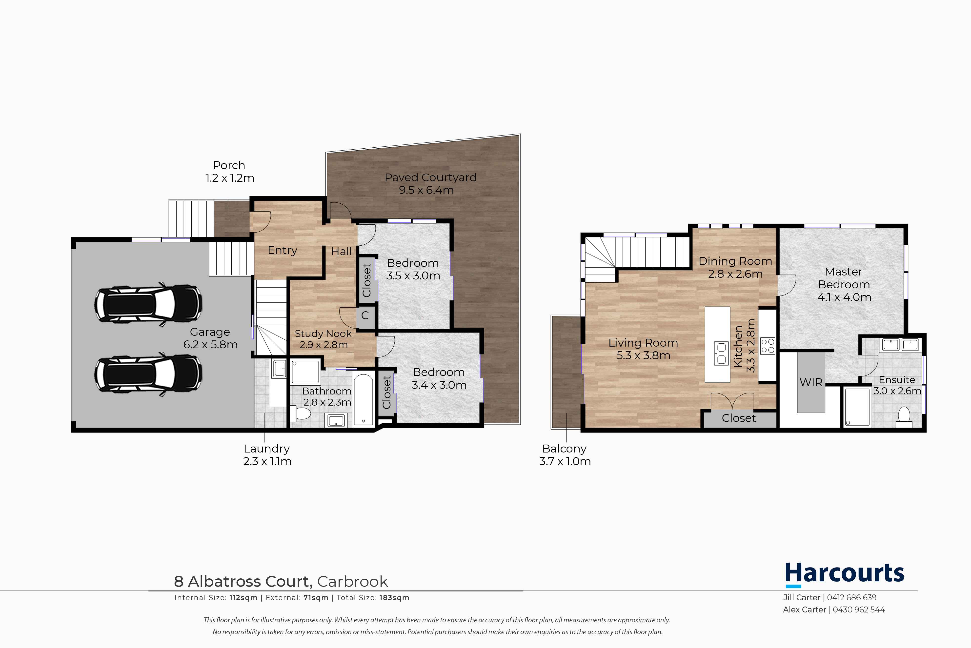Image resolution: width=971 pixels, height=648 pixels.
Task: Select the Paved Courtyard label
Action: (430, 177)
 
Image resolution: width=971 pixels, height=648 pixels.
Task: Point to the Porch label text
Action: (229, 165)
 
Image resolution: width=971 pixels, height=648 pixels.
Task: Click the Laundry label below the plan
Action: (267, 449)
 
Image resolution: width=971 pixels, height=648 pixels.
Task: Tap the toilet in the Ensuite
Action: (904, 417)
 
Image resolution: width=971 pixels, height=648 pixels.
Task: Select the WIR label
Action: (811, 382)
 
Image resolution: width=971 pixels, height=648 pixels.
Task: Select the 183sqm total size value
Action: (394, 598)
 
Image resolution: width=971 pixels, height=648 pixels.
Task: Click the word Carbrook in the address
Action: (353, 581)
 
